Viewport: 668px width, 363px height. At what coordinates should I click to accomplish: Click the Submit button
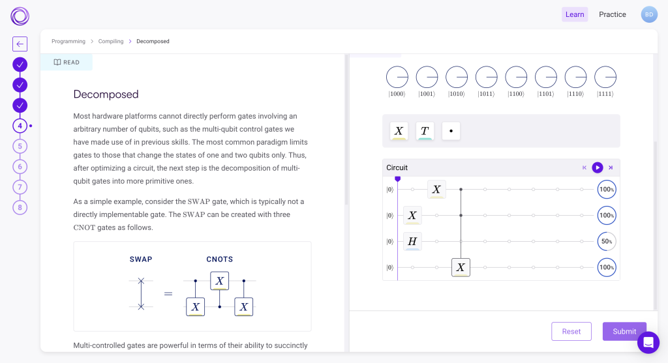[624, 331]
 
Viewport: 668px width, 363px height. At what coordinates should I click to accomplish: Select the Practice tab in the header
[613, 14]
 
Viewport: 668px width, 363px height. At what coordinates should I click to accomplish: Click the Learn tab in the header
[575, 14]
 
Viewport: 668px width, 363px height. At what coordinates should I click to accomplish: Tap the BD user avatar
[649, 14]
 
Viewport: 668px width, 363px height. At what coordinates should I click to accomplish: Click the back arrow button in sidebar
[20, 44]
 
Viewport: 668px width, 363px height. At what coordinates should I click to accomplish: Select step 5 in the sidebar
[20, 146]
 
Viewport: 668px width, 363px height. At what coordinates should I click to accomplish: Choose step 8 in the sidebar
[20, 207]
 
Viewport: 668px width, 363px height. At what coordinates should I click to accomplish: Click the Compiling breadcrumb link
[111, 41]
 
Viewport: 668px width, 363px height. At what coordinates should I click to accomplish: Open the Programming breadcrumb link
[68, 41]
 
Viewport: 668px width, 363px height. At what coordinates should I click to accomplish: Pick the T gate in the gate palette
[424, 131]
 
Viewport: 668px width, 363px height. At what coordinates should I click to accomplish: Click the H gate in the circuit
[412, 242]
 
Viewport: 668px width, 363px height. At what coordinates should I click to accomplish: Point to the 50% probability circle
[607, 242]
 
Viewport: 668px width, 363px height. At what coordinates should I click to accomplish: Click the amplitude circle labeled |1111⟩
[605, 78]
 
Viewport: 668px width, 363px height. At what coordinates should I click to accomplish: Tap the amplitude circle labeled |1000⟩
[397, 78]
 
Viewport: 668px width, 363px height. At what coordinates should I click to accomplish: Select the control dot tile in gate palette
[451, 131]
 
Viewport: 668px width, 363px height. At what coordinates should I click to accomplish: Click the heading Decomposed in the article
[106, 94]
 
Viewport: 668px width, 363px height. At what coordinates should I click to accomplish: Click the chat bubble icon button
[648, 342]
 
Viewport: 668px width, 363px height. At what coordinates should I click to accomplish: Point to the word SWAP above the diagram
[141, 259]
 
